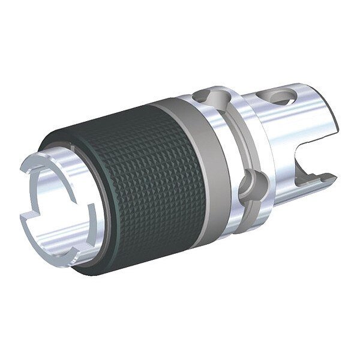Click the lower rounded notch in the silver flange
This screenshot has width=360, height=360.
[247, 187]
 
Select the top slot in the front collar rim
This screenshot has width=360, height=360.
[64, 155]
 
